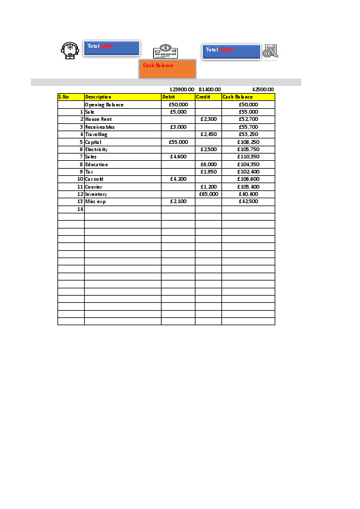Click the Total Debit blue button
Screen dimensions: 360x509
[x=111, y=48]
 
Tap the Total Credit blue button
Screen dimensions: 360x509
[x=231, y=51]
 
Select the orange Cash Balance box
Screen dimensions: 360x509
[x=168, y=68]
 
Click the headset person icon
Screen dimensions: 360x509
[x=70, y=50]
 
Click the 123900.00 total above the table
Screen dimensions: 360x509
[x=182, y=89]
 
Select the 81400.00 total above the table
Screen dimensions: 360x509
[x=209, y=89]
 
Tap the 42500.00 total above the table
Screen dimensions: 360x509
[x=263, y=89]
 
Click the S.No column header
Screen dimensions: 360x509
[x=71, y=97]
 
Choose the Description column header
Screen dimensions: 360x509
[x=122, y=97]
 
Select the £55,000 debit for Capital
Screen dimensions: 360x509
[x=178, y=141]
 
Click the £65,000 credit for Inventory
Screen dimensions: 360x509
[x=208, y=194]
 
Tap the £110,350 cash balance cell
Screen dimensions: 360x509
[x=248, y=157]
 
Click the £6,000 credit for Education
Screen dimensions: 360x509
[x=208, y=164]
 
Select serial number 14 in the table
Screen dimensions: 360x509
[x=79, y=209]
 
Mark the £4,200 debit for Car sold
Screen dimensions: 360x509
[x=178, y=179]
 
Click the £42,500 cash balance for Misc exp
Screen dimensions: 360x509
[x=248, y=201]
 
